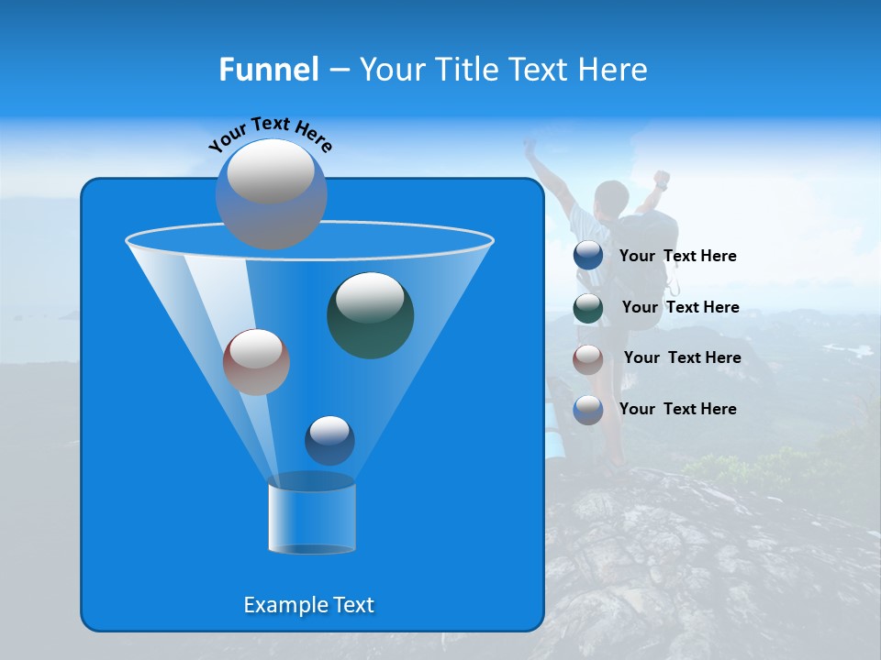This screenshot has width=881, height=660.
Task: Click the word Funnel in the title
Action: click(269, 70)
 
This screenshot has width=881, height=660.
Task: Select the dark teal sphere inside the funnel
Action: click(371, 316)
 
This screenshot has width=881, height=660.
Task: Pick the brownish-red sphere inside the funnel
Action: click(256, 362)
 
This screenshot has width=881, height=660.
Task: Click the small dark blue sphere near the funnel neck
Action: click(329, 441)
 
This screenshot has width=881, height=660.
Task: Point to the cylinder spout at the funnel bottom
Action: click(312, 517)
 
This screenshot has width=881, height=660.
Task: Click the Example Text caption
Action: click(309, 605)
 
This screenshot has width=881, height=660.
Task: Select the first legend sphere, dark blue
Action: click(588, 256)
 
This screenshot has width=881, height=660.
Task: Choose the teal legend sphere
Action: click(588, 307)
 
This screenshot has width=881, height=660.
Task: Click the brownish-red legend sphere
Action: click(588, 358)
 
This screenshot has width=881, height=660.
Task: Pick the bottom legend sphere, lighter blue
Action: click(588, 410)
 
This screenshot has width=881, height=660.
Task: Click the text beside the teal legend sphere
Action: click(680, 307)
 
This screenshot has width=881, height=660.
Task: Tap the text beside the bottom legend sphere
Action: click(678, 409)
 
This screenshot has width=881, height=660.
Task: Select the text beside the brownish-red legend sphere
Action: click(682, 357)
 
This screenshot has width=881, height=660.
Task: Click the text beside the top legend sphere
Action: click(678, 256)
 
